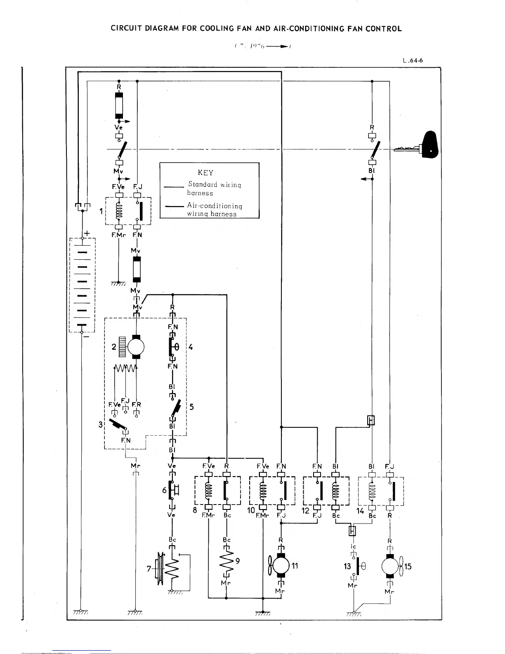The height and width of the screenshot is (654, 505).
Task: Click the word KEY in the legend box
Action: tap(205, 173)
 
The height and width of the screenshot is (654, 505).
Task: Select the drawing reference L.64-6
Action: tap(413, 61)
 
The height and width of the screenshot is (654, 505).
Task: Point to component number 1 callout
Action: tap(101, 211)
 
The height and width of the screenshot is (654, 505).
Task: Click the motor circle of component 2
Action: tap(136, 346)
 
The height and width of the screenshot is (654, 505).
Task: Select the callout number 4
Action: tap(191, 347)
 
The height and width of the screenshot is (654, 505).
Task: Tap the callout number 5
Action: tap(191, 407)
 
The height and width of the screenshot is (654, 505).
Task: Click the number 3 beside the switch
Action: tap(101, 424)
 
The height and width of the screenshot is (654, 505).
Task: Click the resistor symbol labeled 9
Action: tap(226, 561)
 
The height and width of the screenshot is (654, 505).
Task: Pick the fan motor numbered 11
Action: tap(281, 566)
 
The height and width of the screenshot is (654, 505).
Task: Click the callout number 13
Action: tap(347, 566)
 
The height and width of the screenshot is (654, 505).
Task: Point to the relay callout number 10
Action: tap(251, 510)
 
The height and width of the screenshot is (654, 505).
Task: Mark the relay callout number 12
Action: tap(305, 510)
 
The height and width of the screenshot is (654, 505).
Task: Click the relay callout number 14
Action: tap(360, 510)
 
